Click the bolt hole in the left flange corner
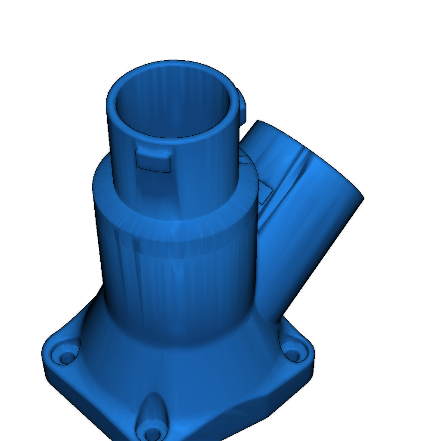[67, 357]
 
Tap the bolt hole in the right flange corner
[293, 355]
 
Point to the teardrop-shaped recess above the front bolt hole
[151, 409]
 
